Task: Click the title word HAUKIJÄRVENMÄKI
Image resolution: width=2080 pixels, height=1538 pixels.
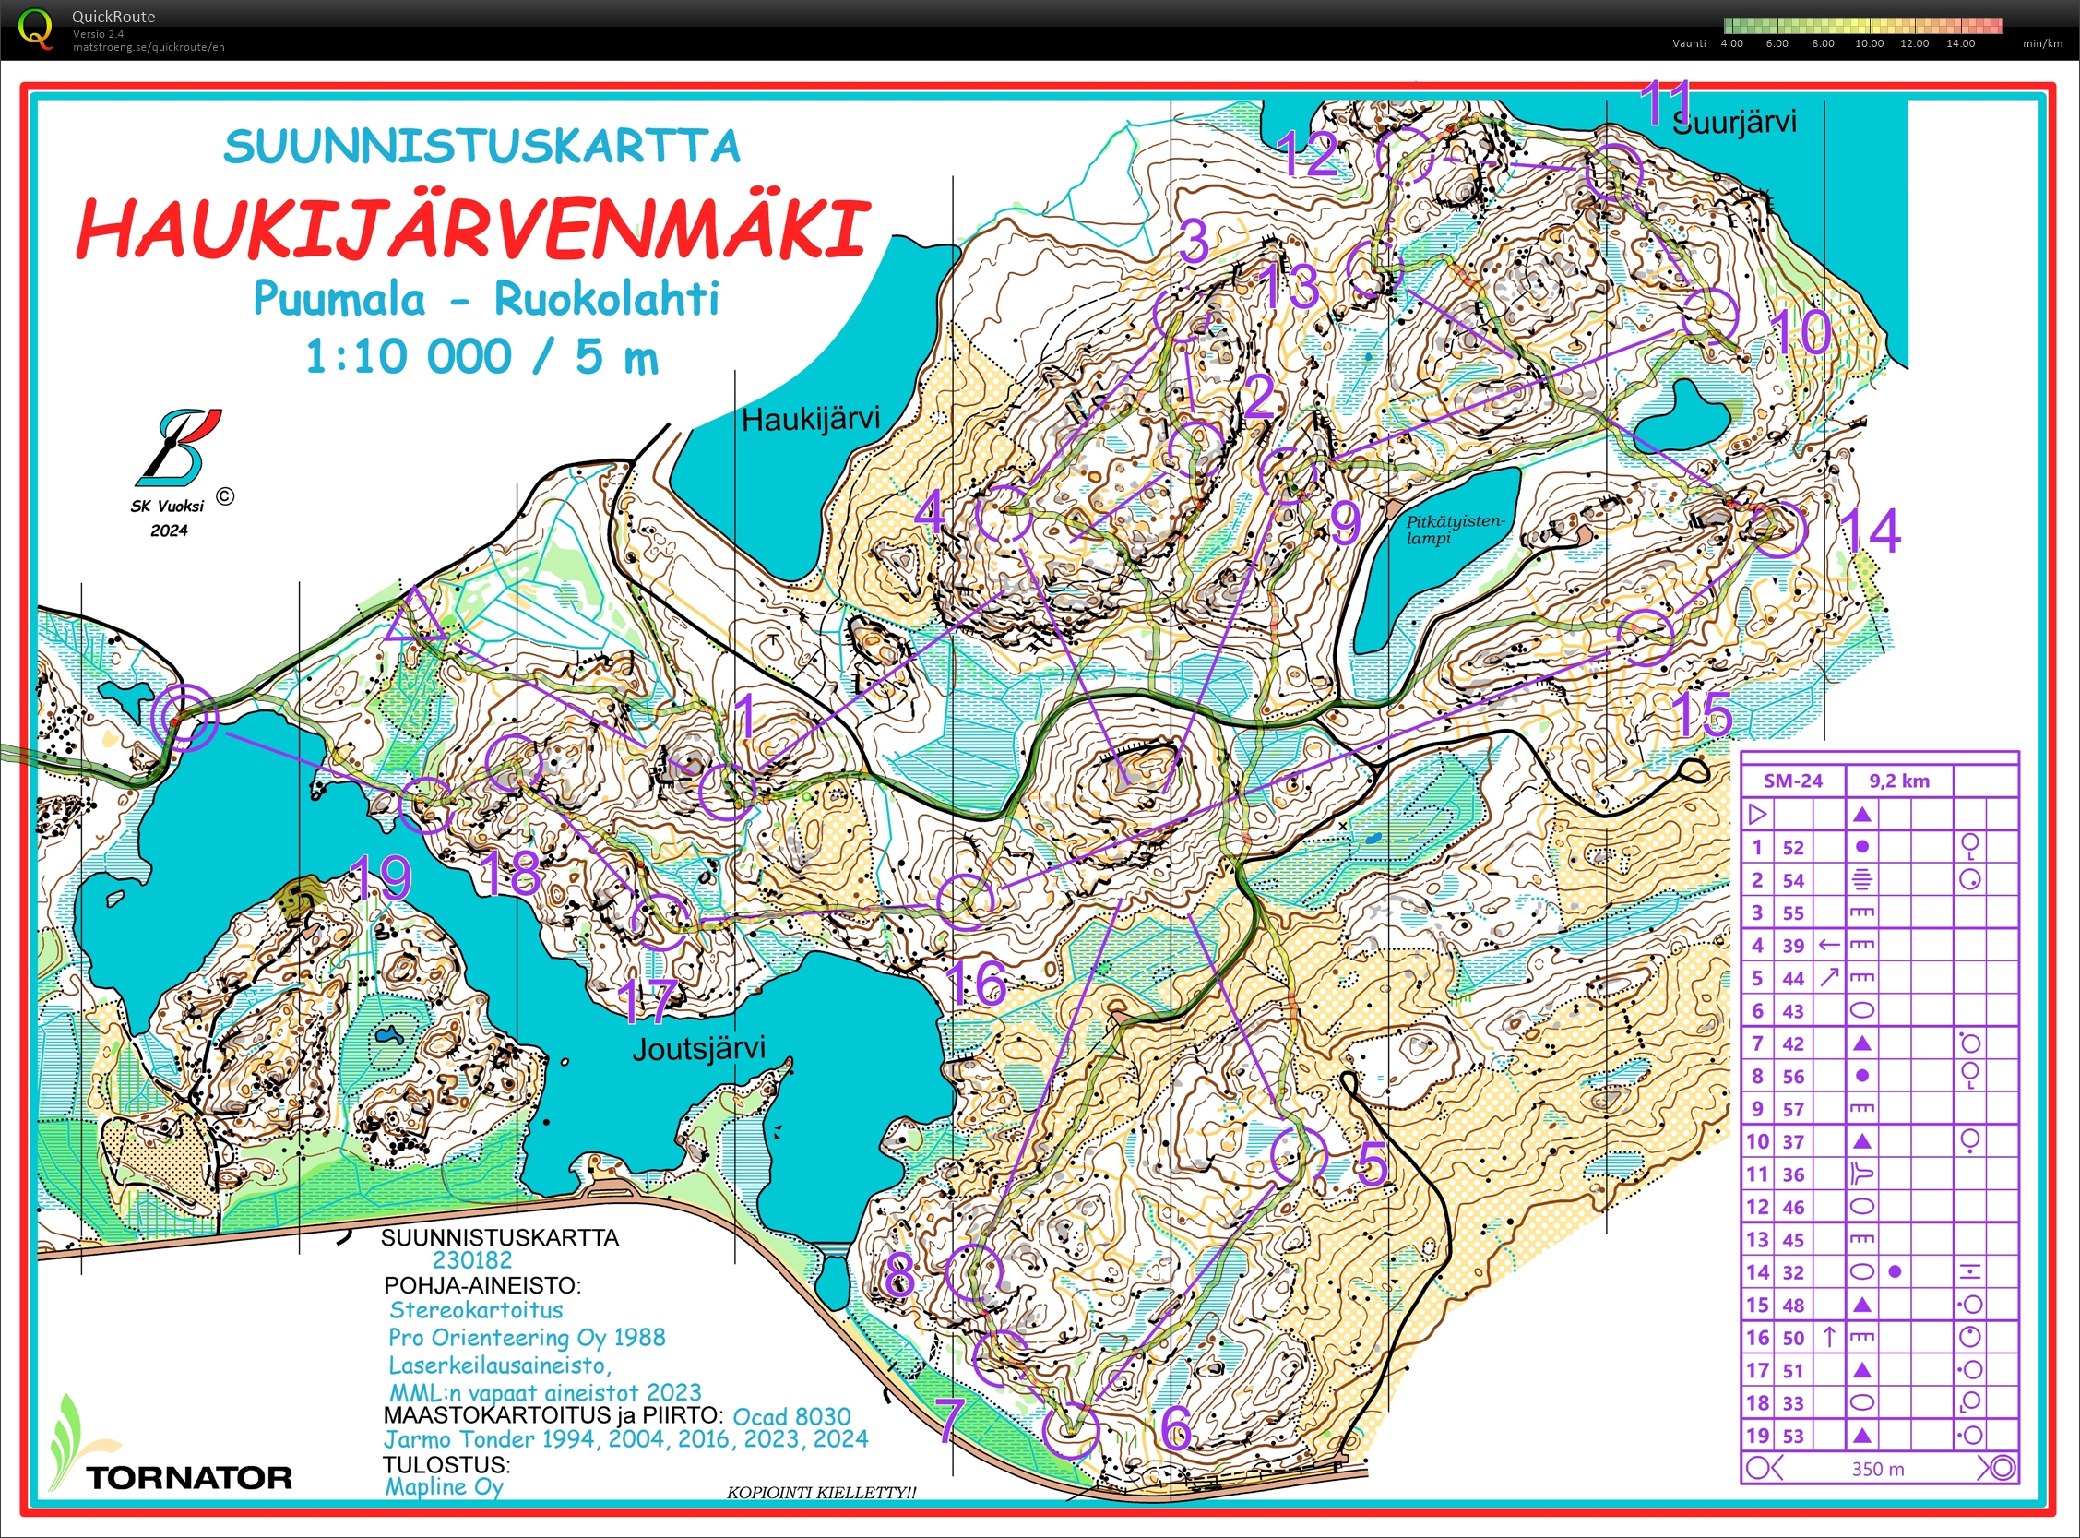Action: [x=473, y=228]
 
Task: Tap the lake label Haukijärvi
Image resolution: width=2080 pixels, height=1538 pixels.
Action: [x=810, y=419]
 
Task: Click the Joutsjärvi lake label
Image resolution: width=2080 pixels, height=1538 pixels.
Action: [x=699, y=1048]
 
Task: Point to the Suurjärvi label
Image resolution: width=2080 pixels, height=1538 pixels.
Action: [x=1735, y=122]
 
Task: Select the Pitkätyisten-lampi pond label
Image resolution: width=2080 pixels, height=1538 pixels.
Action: [x=1453, y=529]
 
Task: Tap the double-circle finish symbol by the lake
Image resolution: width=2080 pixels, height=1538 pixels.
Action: [x=184, y=716]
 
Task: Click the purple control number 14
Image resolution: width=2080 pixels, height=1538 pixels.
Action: [x=1871, y=530]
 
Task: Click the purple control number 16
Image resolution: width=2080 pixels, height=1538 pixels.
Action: [x=977, y=983]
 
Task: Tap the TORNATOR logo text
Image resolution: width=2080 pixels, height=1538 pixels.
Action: [x=189, y=1477]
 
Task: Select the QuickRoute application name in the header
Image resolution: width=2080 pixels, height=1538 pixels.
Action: [x=113, y=16]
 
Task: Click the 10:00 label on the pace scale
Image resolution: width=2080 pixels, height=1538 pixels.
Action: [x=1869, y=42]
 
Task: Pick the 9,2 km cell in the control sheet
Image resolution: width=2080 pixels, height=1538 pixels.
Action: [x=1899, y=781]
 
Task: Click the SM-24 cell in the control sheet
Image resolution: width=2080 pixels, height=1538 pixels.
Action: [x=1792, y=781]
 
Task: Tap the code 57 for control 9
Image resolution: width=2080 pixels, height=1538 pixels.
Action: [x=1792, y=1109]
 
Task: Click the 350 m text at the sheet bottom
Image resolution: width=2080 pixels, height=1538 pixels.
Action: [x=1877, y=1469]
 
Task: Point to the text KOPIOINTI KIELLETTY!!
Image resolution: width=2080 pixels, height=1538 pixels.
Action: [x=821, y=1493]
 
